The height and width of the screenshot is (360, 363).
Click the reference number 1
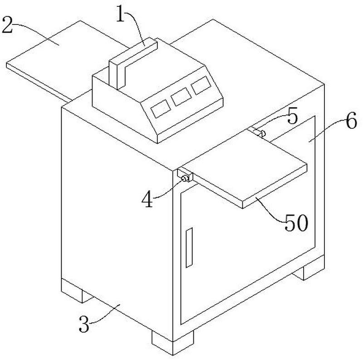(120, 14)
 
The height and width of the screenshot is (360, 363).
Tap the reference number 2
(7, 25)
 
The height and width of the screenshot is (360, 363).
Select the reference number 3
(84, 324)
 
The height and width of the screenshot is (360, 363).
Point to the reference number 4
(147, 200)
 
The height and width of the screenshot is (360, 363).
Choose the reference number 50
(296, 223)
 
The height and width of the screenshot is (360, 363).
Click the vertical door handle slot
(189, 248)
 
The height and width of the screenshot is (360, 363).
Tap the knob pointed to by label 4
(185, 178)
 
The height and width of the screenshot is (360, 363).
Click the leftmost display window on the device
(161, 108)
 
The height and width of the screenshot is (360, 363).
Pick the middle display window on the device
(181, 97)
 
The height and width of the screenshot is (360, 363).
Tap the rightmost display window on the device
(201, 85)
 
